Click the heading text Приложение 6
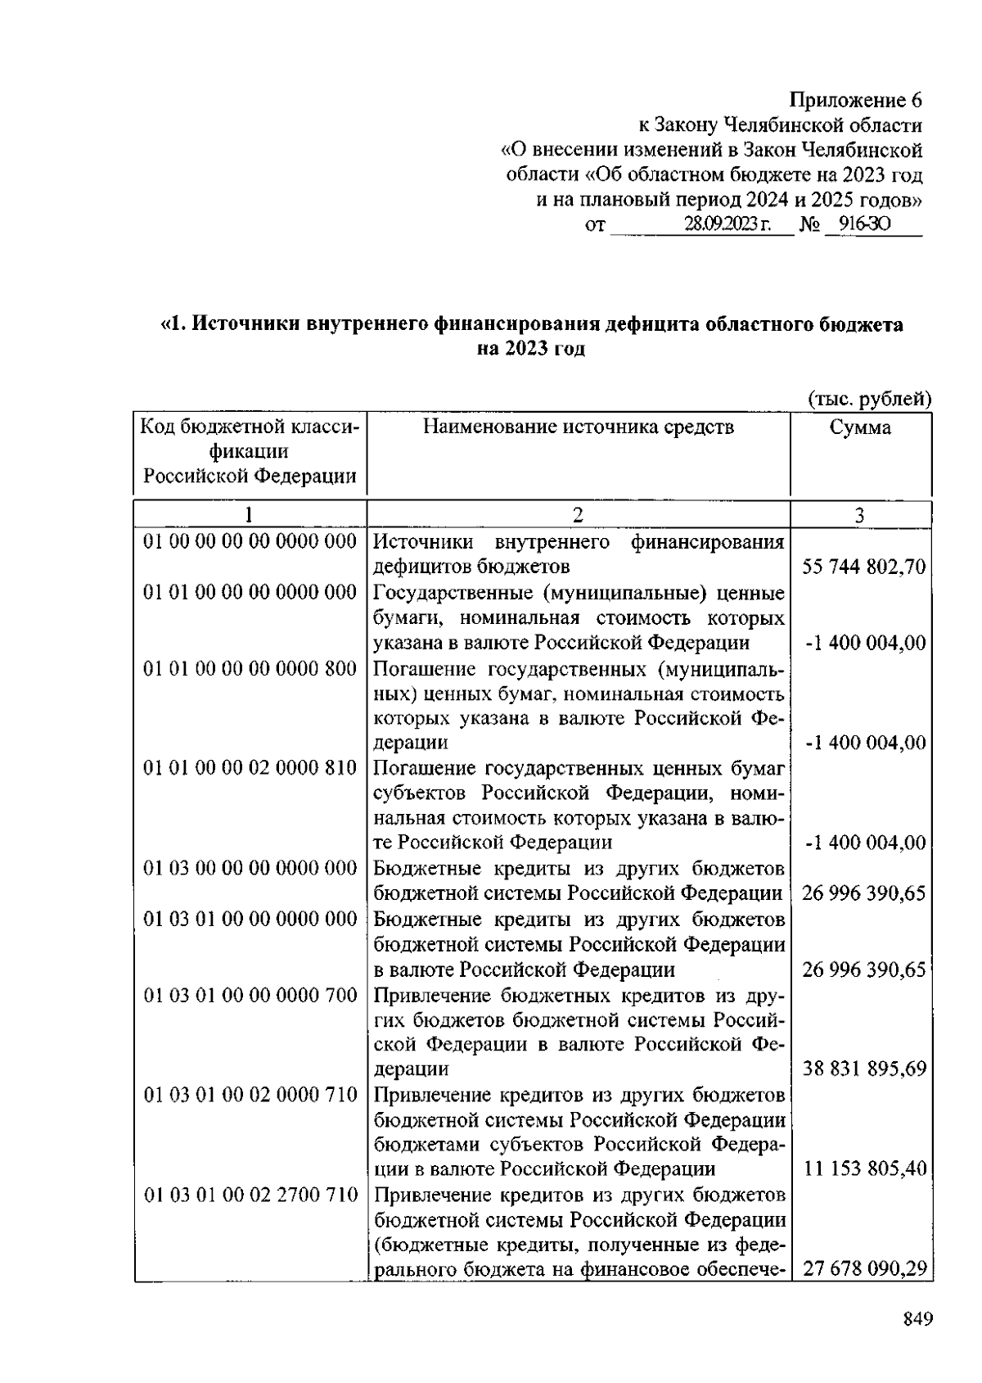[855, 101]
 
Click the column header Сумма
[860, 427]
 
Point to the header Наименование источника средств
[579, 427]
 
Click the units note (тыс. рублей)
[871, 400]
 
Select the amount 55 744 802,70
[864, 567]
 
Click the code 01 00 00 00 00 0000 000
[250, 541]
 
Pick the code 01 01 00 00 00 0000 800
[250, 669]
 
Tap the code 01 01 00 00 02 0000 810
[250, 768]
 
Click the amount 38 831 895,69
[864, 1069]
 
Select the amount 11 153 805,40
[864, 1168]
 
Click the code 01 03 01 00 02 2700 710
[250, 1195]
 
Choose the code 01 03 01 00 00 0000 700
[250, 995]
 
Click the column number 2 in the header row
[578, 515]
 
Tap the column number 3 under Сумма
[859, 515]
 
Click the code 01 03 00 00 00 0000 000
[250, 868]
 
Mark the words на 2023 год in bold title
[532, 349]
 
